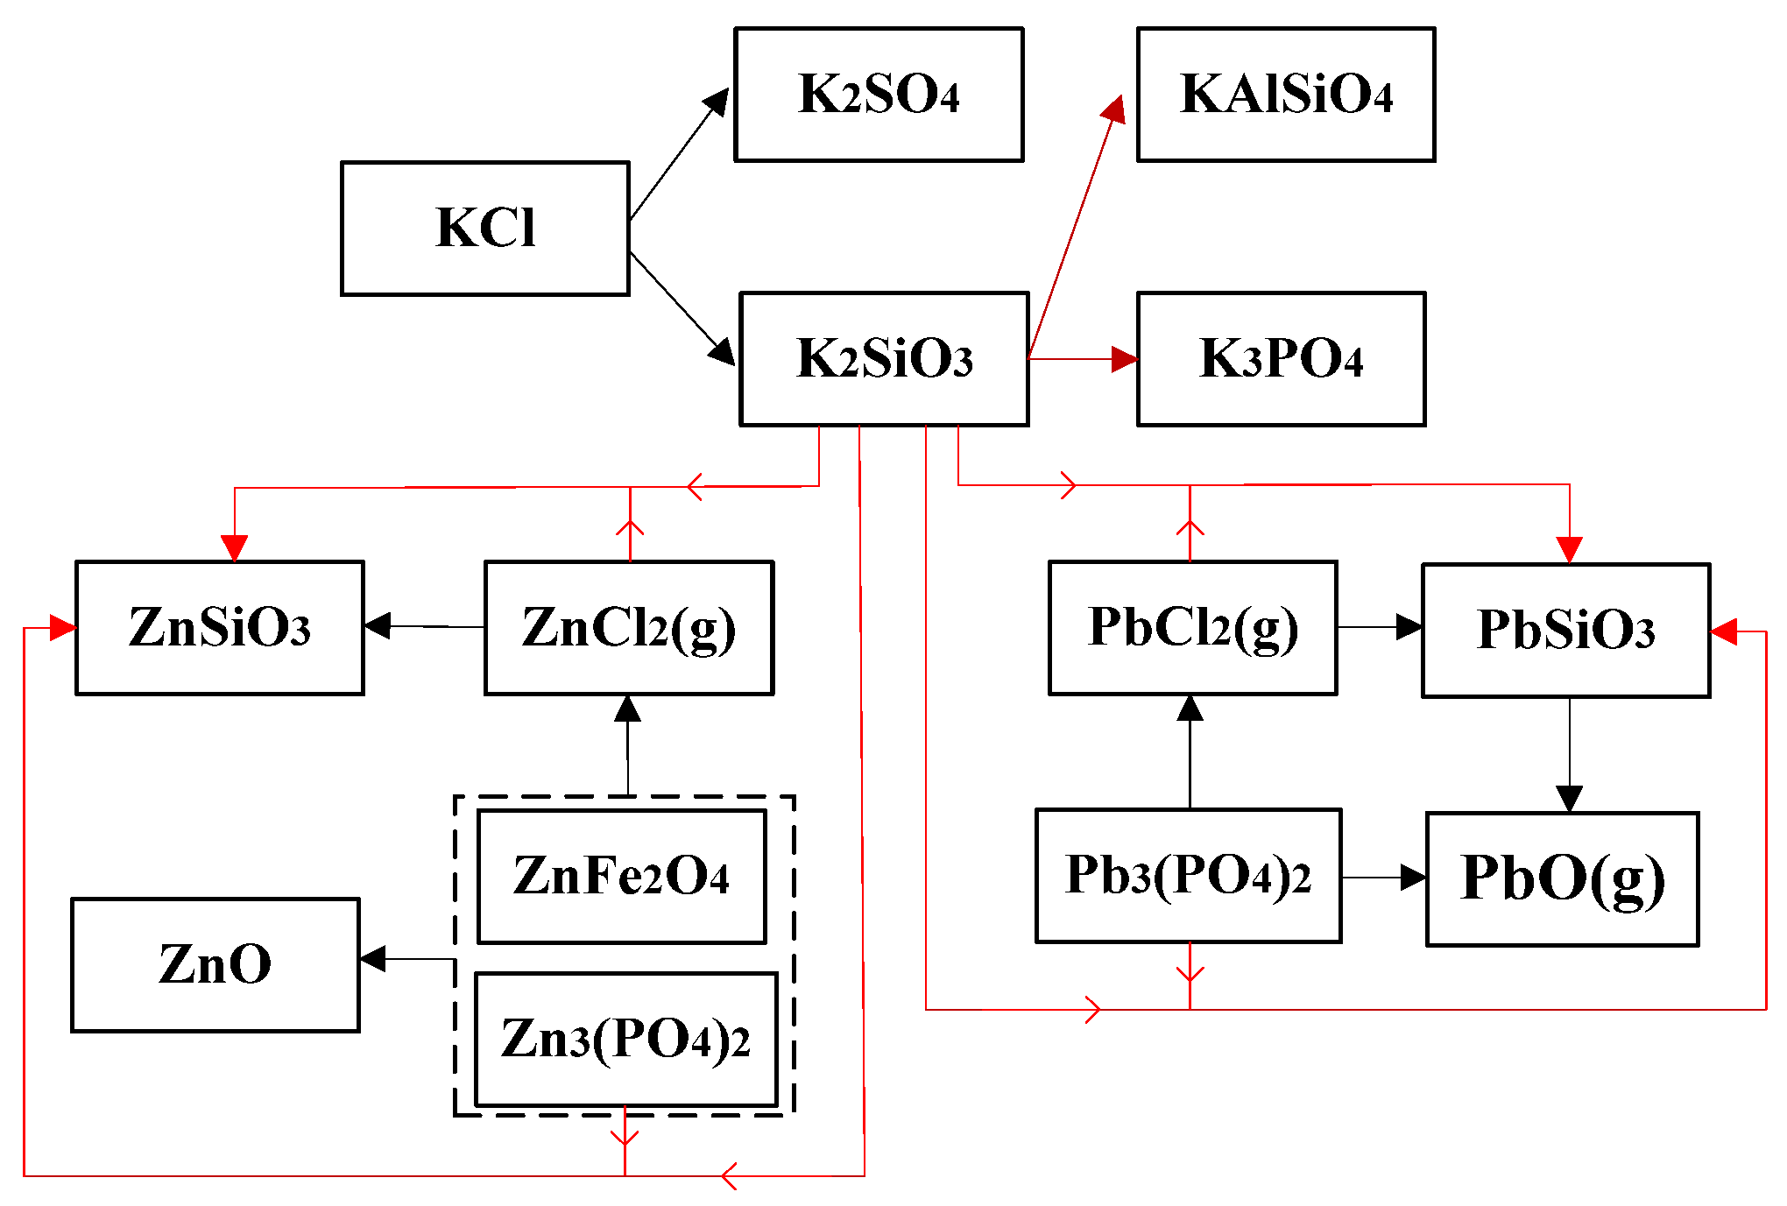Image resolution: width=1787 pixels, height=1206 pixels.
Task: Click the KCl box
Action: [484, 229]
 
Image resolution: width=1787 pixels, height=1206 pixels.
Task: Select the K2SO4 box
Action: [879, 95]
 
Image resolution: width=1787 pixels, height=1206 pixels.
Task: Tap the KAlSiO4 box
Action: [1285, 95]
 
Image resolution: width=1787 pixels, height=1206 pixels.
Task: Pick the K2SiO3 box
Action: [884, 359]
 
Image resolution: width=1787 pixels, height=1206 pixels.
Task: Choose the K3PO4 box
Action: [1281, 359]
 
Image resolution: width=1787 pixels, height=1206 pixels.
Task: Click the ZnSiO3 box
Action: [220, 628]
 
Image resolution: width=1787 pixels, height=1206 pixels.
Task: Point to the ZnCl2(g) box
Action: [629, 628]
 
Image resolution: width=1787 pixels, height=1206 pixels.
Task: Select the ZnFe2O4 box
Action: [621, 877]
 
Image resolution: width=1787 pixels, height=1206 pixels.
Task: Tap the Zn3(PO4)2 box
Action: [625, 1040]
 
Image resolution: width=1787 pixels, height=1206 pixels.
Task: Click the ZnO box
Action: [215, 965]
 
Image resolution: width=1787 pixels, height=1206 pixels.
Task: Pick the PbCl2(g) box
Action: [1192, 628]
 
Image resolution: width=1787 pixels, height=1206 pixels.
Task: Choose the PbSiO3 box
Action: [1565, 631]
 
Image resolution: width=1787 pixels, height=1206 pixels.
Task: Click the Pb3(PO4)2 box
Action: [1188, 876]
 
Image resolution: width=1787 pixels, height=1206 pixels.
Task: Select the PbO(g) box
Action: [1562, 879]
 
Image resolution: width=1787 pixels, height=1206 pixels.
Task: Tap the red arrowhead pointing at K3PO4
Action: [1125, 359]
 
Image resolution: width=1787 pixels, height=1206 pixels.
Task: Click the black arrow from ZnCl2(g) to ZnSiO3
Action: [425, 627]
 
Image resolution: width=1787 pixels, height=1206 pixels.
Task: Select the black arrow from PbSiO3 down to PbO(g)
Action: [1569, 753]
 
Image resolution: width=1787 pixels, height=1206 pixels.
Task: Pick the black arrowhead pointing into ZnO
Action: [373, 959]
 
